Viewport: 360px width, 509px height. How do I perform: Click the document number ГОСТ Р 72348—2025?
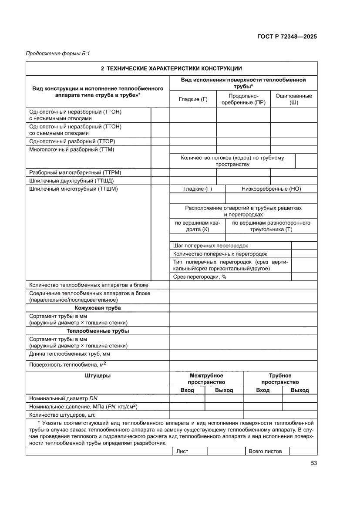pos(284,37)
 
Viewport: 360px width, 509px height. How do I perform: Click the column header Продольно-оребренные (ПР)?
pos(243,99)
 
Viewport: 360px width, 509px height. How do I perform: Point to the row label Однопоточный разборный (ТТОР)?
pos(72,142)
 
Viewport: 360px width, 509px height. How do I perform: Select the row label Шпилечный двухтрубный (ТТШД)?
pos(71,181)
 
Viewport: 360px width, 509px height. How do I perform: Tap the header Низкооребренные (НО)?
pos(271,189)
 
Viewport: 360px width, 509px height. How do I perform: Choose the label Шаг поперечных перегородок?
pos(210,246)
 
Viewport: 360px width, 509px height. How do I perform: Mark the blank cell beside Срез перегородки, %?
pos(304,277)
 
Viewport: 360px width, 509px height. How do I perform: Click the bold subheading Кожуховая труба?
pos(98,308)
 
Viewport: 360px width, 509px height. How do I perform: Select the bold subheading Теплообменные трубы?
pos(98,331)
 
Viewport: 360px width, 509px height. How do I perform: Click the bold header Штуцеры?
pos(98,375)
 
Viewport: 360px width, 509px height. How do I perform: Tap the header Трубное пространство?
pos(280,379)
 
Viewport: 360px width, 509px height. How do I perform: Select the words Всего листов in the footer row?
pos(265,451)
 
